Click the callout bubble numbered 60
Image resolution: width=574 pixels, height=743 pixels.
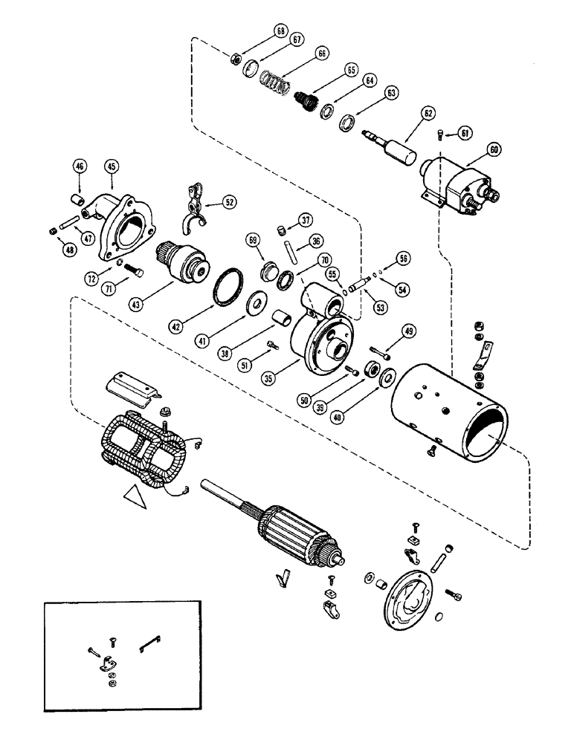[x=494, y=149]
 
